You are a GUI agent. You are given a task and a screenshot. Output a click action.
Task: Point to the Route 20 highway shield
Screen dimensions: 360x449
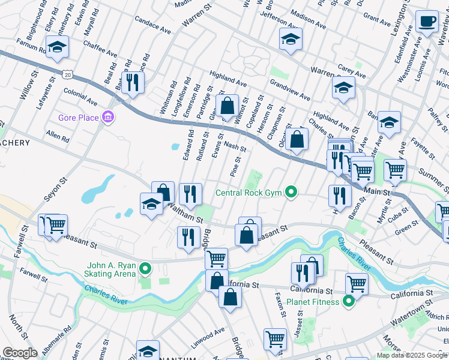coord(67,74)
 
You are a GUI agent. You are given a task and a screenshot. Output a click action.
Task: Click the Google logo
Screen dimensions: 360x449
coord(20,353)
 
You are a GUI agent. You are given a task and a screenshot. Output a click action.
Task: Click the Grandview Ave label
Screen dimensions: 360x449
coord(289,89)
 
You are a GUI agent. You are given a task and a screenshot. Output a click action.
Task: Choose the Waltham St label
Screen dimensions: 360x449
coord(185,214)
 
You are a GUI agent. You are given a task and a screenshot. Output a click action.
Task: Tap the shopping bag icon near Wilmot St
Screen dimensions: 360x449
coord(228,106)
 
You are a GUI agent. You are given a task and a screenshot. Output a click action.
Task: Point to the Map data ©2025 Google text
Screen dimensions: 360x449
coord(412,355)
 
